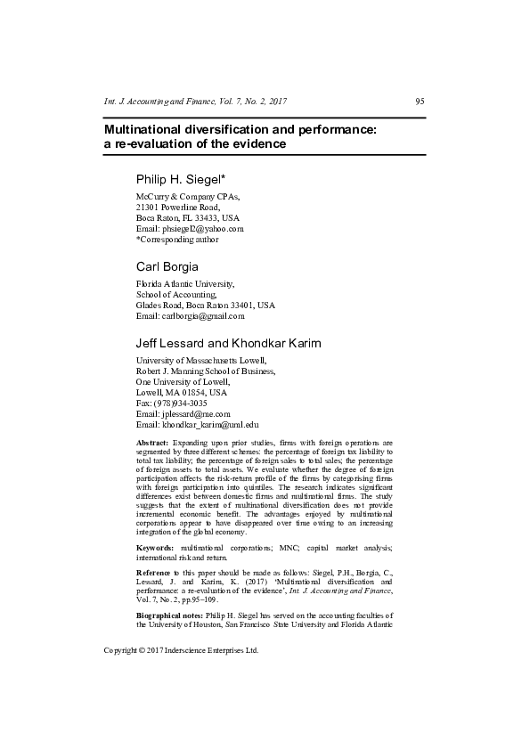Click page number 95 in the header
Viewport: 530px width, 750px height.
[x=420, y=102]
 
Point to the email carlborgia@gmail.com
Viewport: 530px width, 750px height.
[x=205, y=316]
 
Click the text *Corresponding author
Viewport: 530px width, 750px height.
[x=176, y=240]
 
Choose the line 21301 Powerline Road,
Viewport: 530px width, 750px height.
[x=177, y=207]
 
